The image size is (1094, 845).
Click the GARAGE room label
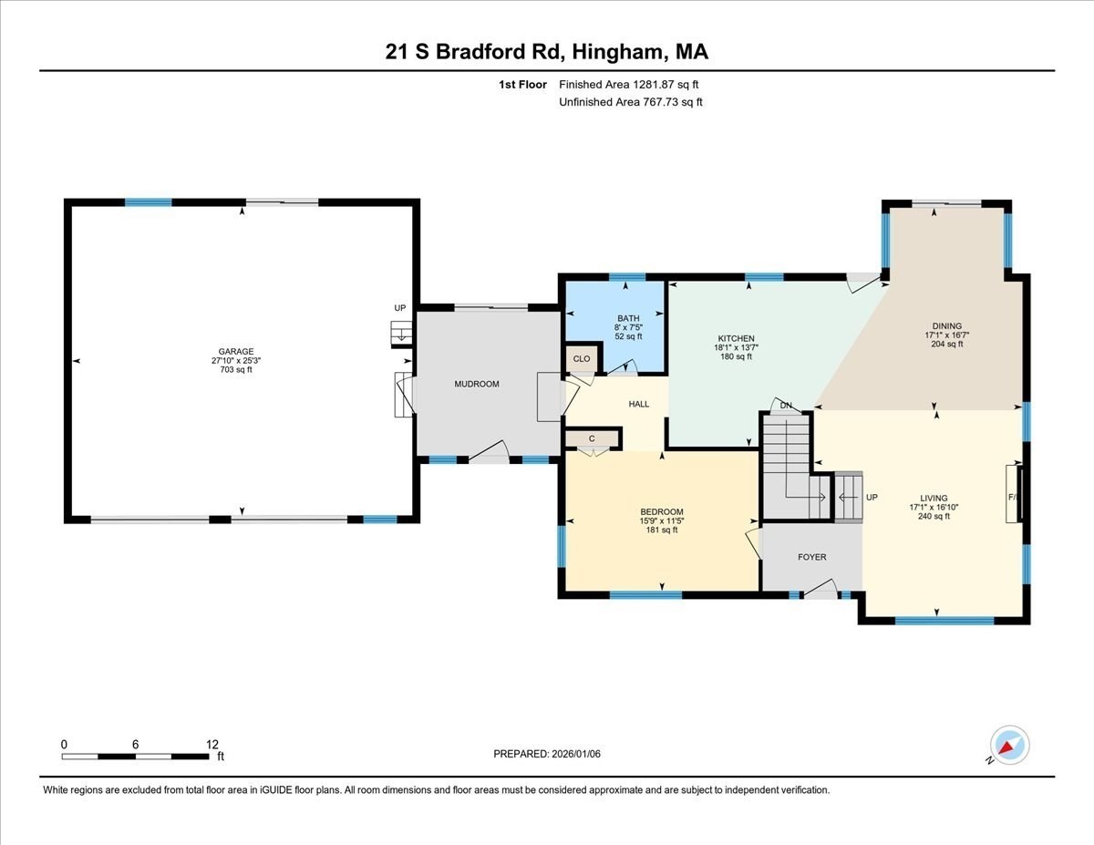(235, 351)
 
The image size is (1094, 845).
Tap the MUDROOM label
(477, 384)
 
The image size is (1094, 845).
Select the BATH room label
(627, 318)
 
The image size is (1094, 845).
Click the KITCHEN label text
(734, 338)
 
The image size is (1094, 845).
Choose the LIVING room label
(934, 498)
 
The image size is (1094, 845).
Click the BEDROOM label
(661, 511)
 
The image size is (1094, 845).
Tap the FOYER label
(811, 557)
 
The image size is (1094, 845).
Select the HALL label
(639, 404)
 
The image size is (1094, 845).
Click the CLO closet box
(582, 359)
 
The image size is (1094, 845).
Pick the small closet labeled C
(592, 438)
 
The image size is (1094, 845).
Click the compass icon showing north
(1010, 745)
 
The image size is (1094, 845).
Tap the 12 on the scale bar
(212, 744)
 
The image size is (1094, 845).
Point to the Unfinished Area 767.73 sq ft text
(631, 102)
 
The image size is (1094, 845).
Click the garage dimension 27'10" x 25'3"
(235, 360)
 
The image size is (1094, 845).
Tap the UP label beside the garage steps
(399, 308)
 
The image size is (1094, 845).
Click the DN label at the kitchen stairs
(784, 405)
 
